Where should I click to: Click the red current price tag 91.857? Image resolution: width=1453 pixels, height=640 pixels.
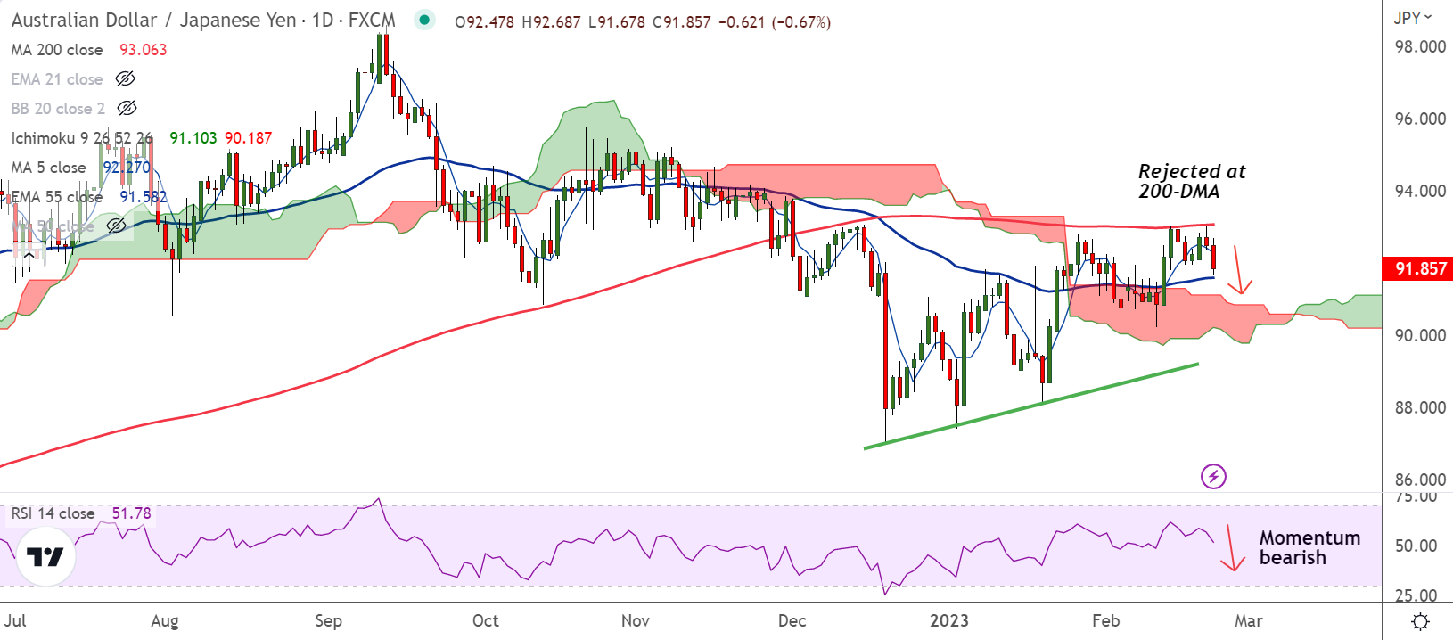(x=1419, y=268)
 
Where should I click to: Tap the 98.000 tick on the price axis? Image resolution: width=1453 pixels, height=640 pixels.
(x=1420, y=46)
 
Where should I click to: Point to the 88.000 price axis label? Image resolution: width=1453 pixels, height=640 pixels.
(x=1420, y=407)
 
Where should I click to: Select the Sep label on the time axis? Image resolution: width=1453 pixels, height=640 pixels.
(x=328, y=620)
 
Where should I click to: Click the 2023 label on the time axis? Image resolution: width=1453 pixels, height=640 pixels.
(x=948, y=620)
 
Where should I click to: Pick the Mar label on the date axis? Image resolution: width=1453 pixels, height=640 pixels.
(x=1248, y=620)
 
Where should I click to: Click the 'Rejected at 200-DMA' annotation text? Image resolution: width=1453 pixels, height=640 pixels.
(x=1192, y=181)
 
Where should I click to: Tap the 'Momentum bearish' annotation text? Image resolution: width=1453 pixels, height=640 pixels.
(x=1309, y=547)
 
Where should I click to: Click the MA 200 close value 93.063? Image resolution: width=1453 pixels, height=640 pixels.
(x=144, y=50)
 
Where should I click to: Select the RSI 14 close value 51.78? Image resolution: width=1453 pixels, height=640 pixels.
(x=131, y=513)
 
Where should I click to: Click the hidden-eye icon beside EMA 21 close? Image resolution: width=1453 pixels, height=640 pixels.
(x=126, y=79)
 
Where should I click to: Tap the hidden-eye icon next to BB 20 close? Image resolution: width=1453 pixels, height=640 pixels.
(x=127, y=109)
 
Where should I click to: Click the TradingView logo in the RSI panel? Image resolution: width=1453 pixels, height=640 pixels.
(x=45, y=557)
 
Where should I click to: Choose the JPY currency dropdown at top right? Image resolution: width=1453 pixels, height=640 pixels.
(x=1413, y=18)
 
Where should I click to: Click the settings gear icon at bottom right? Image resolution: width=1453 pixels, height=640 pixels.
(x=1421, y=621)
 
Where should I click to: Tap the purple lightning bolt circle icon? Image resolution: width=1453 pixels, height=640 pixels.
(x=1213, y=476)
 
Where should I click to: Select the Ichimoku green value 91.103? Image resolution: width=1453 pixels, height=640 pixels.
(x=193, y=138)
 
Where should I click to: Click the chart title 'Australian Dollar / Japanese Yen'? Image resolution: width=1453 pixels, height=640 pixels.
(x=153, y=21)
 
